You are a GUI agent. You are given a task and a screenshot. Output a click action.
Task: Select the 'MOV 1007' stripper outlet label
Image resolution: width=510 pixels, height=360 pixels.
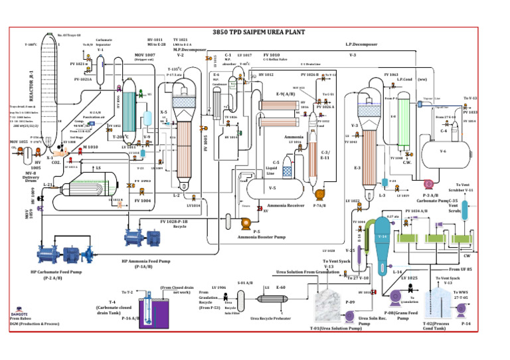144,54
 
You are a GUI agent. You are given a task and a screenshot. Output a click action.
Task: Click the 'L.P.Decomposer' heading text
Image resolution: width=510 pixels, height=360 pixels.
361,45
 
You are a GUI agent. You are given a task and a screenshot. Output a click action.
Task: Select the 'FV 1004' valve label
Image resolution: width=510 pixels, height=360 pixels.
143,199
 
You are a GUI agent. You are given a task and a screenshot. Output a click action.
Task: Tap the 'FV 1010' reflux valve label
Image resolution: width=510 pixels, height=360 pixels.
271,54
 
